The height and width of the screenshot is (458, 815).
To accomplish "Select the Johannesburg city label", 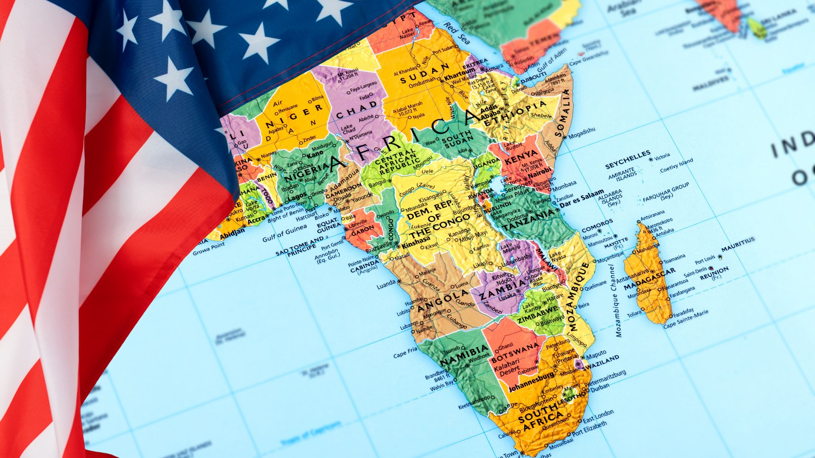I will [531, 382].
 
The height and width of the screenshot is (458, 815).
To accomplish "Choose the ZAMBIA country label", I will [503, 288].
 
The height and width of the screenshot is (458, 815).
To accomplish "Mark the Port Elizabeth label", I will [589, 428].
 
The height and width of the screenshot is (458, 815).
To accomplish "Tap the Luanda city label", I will [386, 285].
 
